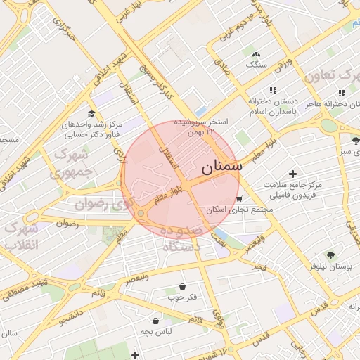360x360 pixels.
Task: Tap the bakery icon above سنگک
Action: (256, 54)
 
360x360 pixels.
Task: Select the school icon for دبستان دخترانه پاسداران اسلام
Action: (273, 90)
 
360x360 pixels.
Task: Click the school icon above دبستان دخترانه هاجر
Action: (341, 93)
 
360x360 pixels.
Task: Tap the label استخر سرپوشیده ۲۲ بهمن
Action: (203, 127)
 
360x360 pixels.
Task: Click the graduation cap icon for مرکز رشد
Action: (91, 114)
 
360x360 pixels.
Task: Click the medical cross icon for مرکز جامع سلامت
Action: (292, 173)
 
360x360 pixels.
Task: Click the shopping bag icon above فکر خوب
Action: (183, 286)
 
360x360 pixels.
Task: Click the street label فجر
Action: (259, 269)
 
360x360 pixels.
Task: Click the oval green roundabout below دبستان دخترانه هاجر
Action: (328, 125)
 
